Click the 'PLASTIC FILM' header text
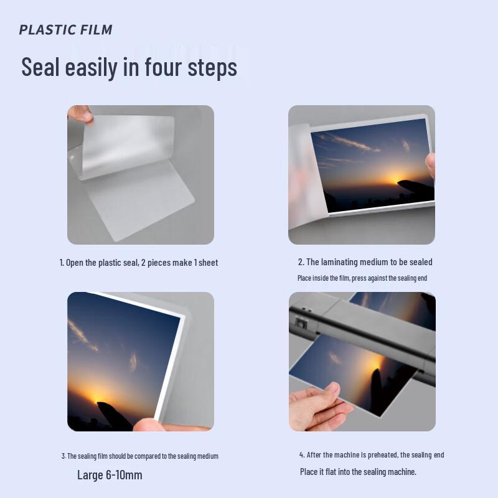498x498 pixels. click(65, 29)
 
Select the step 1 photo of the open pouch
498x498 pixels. click(141, 175)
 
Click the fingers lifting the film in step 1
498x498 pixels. click(79, 114)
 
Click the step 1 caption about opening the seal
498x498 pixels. click(138, 263)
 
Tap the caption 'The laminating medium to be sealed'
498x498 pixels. click(365, 262)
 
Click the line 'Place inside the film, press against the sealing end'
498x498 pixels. click(362, 278)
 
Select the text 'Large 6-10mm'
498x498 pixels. click(110, 475)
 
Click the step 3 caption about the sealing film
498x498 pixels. click(139, 456)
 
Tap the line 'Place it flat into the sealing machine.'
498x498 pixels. click(358, 472)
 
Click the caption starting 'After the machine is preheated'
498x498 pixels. click(371, 455)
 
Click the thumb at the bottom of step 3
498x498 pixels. click(149, 425)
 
